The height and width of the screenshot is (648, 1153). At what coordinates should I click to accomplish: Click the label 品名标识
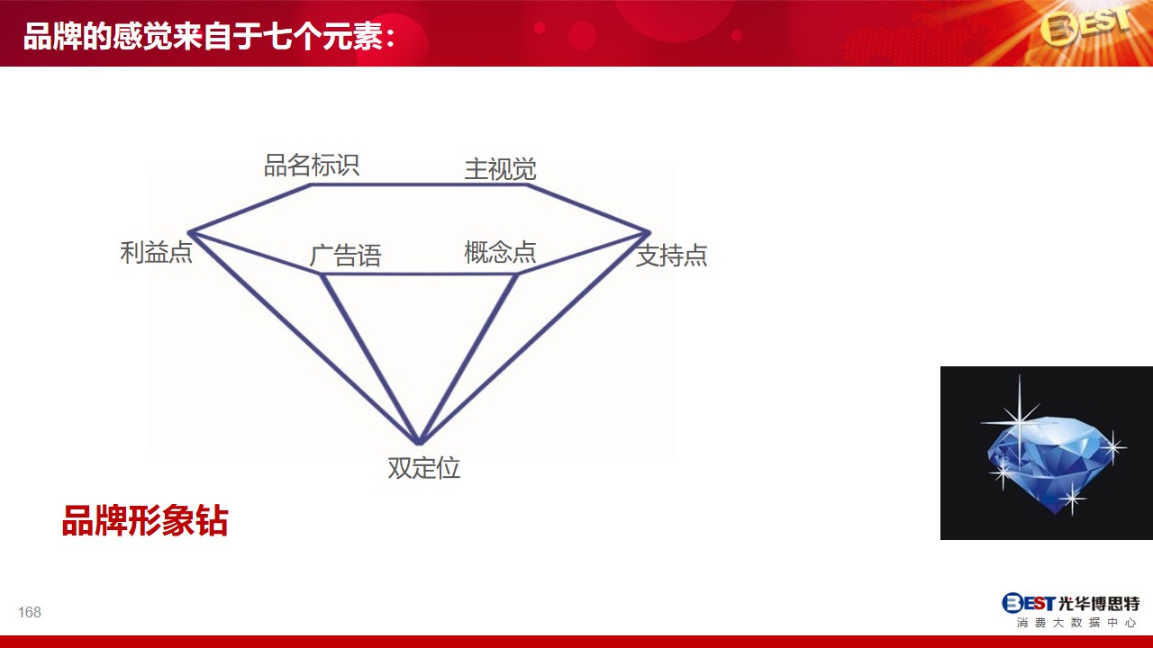tap(312, 166)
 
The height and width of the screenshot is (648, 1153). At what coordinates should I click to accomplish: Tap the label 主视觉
tap(500, 169)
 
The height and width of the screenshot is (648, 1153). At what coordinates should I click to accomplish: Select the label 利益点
tap(156, 253)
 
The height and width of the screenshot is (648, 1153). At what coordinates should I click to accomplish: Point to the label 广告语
tap(345, 256)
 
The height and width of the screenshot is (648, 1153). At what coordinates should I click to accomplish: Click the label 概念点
tap(500, 253)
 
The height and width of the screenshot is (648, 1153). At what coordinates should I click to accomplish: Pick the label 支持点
tap(672, 256)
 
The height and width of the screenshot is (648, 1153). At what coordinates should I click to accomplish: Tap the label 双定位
tap(423, 468)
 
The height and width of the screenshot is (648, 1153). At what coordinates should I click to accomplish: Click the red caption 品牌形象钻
tap(145, 521)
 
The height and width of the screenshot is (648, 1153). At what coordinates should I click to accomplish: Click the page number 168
tap(30, 612)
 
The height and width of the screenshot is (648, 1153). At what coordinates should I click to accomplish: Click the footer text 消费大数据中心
tap(1075, 623)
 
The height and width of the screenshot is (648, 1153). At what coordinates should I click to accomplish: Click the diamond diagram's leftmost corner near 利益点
tap(189, 233)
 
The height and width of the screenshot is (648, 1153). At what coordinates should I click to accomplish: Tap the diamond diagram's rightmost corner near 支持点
tap(649, 233)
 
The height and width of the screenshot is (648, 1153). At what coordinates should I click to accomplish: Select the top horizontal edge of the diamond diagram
tap(419, 184)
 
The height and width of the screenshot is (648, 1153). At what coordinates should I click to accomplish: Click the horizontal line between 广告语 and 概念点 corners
tap(419, 274)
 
